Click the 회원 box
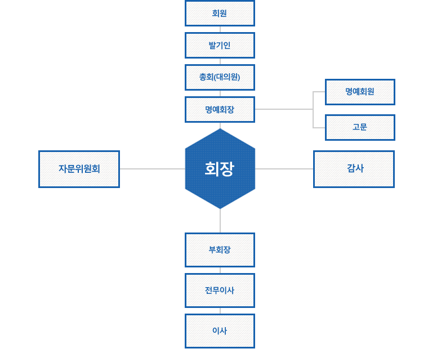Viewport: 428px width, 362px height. coord(220,13)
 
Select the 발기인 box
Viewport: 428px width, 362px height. coord(220,45)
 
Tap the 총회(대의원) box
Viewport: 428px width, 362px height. coord(220,78)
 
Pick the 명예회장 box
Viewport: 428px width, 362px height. coord(220,109)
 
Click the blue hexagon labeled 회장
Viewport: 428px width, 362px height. coord(220,168)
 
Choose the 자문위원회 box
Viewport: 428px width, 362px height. coord(79,169)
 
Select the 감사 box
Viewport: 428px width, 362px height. coord(354,169)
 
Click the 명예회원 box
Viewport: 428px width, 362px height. coord(360,92)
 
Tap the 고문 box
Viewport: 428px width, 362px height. coord(360,127)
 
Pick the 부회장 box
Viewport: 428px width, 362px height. coord(220,250)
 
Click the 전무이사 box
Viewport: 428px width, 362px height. coord(220,291)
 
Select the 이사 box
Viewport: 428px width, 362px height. coord(220,331)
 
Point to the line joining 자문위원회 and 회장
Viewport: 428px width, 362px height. coord(152,169)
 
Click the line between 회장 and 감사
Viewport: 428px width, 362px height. coord(284,169)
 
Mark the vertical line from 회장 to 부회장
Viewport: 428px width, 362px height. coord(220,221)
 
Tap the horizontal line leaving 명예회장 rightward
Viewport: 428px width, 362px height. coord(284,109)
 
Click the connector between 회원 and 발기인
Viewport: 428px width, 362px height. coord(220,29)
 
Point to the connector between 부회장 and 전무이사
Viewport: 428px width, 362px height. coord(220,270)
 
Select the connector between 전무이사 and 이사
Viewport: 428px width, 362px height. coord(220,311)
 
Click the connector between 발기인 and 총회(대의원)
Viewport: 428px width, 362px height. coord(220,61)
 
